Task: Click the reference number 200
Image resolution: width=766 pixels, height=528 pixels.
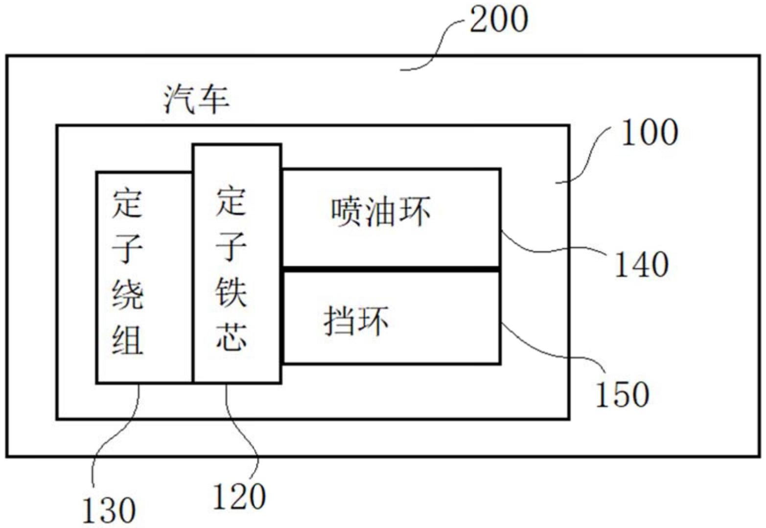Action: click(499, 20)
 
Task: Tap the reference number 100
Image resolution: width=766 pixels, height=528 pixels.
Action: click(650, 132)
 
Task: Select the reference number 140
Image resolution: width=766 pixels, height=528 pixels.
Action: click(641, 264)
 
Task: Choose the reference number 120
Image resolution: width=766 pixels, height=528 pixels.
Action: click(239, 496)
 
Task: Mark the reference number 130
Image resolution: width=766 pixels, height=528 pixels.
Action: click(109, 510)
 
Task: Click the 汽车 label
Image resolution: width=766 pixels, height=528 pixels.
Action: click(196, 100)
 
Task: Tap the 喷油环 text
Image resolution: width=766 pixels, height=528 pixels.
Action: click(381, 212)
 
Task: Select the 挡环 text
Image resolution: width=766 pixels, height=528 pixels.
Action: click(356, 321)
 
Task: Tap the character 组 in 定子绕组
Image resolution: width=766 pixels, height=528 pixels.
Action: click(128, 339)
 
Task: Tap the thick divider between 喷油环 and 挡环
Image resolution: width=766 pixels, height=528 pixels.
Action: click(391, 269)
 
